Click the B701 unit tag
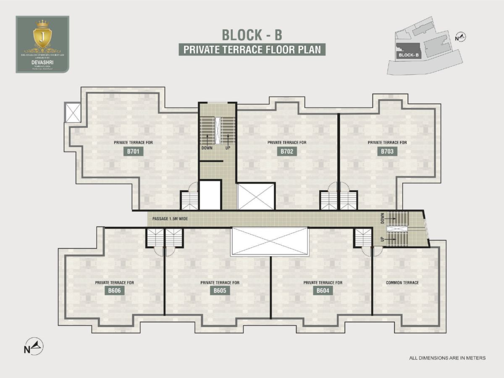[133, 151]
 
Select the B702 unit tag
[287, 151]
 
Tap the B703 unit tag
[387, 151]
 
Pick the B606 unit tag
[114, 291]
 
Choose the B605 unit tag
[220, 291]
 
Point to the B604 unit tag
[323, 291]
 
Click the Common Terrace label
[402, 283]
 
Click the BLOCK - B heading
[252, 34]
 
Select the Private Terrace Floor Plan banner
[252, 50]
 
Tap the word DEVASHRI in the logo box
[42, 61]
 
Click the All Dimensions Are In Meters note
[447, 358]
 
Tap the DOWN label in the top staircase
[207, 148]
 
